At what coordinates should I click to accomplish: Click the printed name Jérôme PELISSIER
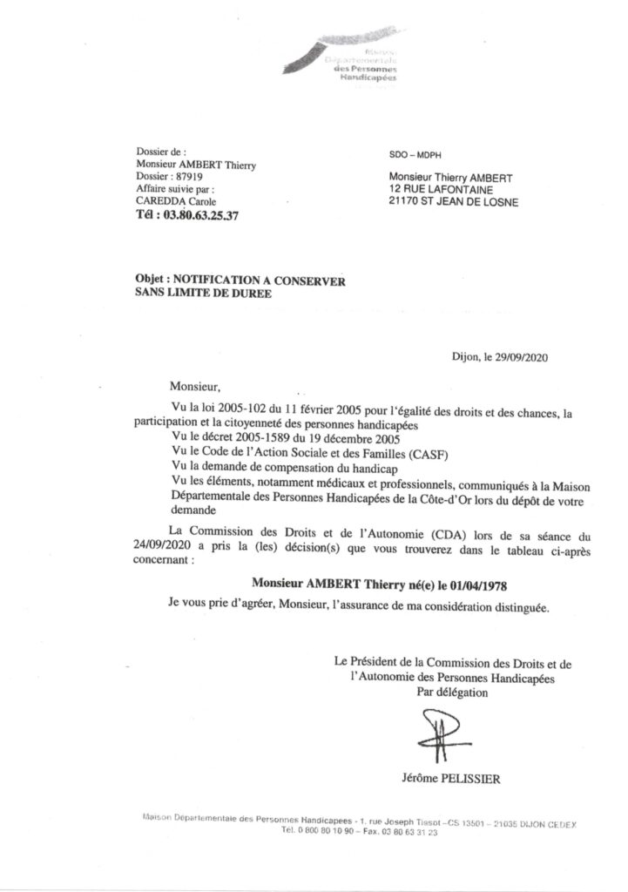[446, 779]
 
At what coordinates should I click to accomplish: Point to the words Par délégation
[453, 693]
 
